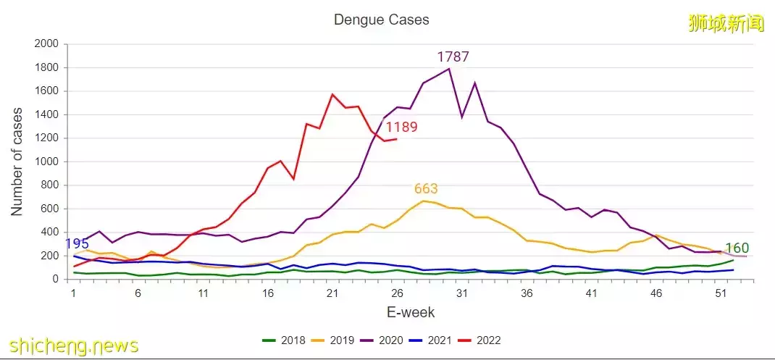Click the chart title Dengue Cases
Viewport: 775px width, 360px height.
[x=381, y=20]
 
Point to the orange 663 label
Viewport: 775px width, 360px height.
[x=426, y=189]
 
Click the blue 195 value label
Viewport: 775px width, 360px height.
[x=77, y=244]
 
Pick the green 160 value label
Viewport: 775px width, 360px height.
[x=737, y=248]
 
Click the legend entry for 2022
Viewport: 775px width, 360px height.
[x=482, y=340]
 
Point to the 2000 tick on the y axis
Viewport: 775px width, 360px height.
[x=46, y=44]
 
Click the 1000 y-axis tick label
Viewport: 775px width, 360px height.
[x=46, y=162]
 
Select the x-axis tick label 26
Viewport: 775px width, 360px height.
[x=398, y=293]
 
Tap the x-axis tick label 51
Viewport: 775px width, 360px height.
[x=721, y=293]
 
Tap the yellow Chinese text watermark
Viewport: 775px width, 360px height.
[x=726, y=23]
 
